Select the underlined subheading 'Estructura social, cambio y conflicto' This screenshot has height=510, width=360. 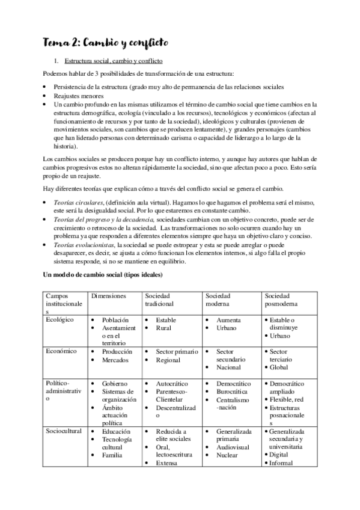coord(112,62)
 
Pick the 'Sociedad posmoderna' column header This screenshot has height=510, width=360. coord(281,300)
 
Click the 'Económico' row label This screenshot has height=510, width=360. coord(61,351)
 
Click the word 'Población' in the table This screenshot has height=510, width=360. coord(117,321)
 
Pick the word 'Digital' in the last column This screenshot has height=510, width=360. coord(280,455)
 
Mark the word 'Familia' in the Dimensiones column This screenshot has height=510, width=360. coord(114,455)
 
